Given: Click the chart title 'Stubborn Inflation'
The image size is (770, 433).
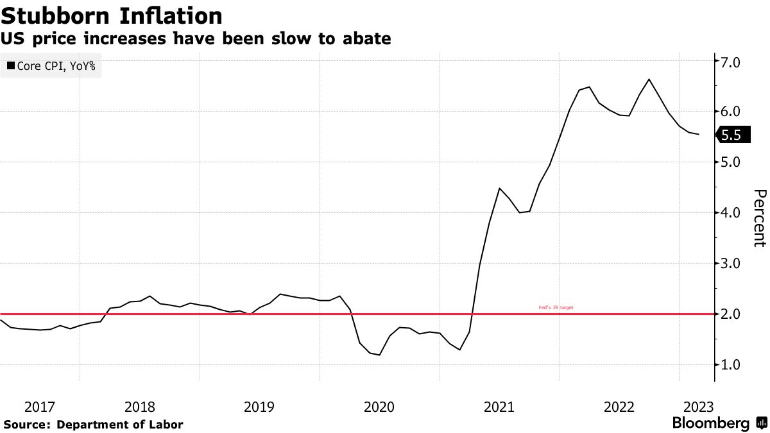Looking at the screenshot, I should point(112,15).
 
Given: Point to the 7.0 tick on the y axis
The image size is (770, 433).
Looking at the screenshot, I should point(731,62).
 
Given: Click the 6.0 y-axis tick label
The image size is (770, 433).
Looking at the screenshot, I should point(731,112).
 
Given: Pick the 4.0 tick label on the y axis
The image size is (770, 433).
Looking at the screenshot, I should point(731,212).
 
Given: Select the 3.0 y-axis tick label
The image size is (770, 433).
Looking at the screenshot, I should point(731,263).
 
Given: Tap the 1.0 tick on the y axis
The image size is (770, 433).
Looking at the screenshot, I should point(731,364).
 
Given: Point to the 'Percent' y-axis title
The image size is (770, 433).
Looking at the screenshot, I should point(760,217).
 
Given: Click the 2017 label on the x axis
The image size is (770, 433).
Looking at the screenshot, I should point(40,407).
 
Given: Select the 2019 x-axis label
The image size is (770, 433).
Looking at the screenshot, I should point(259,407).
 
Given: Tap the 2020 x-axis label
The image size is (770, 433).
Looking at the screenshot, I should point(379,407).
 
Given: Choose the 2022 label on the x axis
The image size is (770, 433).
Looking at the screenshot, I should point(619,407).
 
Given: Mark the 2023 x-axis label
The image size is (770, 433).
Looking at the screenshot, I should point(698,407).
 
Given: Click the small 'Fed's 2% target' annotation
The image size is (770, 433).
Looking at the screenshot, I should point(556,308).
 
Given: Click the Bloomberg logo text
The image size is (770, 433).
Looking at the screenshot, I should point(711,423).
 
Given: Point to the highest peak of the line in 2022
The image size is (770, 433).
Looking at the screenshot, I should point(649,80).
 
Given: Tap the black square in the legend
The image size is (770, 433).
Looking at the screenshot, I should point(10,65).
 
